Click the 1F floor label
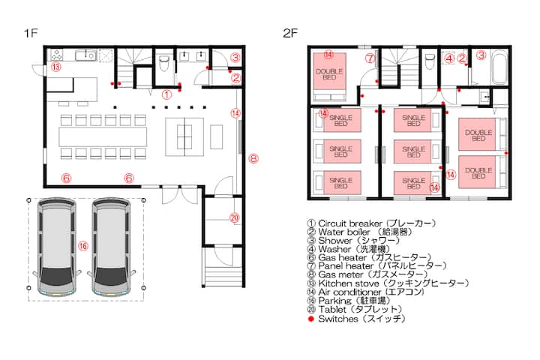click(x=31, y=33)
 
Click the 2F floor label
click(x=290, y=33)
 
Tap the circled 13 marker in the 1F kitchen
click(x=56, y=67)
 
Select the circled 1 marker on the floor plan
click(x=166, y=94)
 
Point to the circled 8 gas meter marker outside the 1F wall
click(x=253, y=159)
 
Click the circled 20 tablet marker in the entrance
click(x=234, y=217)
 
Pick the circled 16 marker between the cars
click(x=83, y=246)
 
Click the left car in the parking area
click(x=57, y=247)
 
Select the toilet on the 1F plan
click(x=163, y=63)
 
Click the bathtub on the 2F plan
click(x=499, y=67)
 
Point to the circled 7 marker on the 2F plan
click(x=370, y=58)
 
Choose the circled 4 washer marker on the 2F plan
click(x=449, y=58)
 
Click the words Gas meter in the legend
click(x=340, y=274)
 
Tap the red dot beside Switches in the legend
click(x=311, y=319)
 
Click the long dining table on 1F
click(x=103, y=136)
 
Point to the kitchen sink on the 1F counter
click(x=85, y=55)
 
